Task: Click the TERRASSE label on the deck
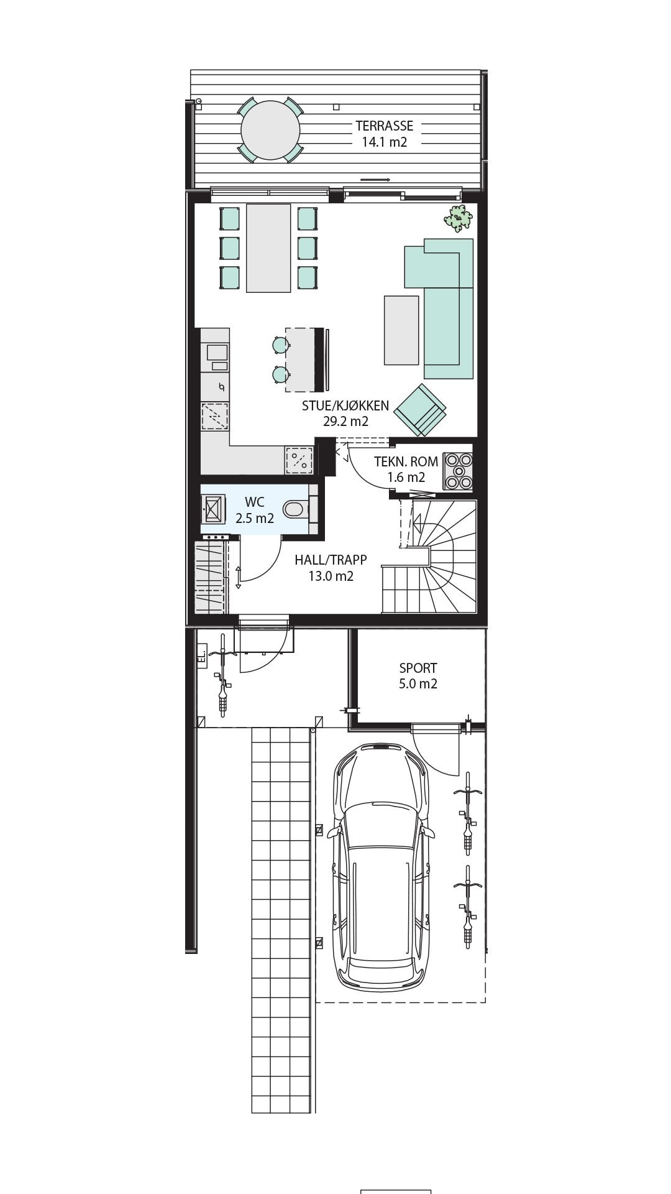click(x=384, y=126)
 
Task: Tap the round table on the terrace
click(x=271, y=130)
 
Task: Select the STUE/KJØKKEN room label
click(x=345, y=406)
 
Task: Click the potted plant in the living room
click(x=459, y=218)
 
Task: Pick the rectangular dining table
click(x=268, y=248)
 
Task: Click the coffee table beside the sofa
click(x=401, y=330)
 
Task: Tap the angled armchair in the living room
click(x=421, y=410)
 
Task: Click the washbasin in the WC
click(x=213, y=509)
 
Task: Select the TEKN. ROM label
click(x=406, y=462)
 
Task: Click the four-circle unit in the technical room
click(x=458, y=470)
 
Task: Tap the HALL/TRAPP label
click(x=331, y=560)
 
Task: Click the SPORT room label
click(x=418, y=669)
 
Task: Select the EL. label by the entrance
click(x=201, y=657)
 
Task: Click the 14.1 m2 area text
click(x=385, y=142)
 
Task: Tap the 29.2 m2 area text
click(x=345, y=421)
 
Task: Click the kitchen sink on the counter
click(x=217, y=353)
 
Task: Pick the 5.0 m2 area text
click(x=418, y=684)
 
